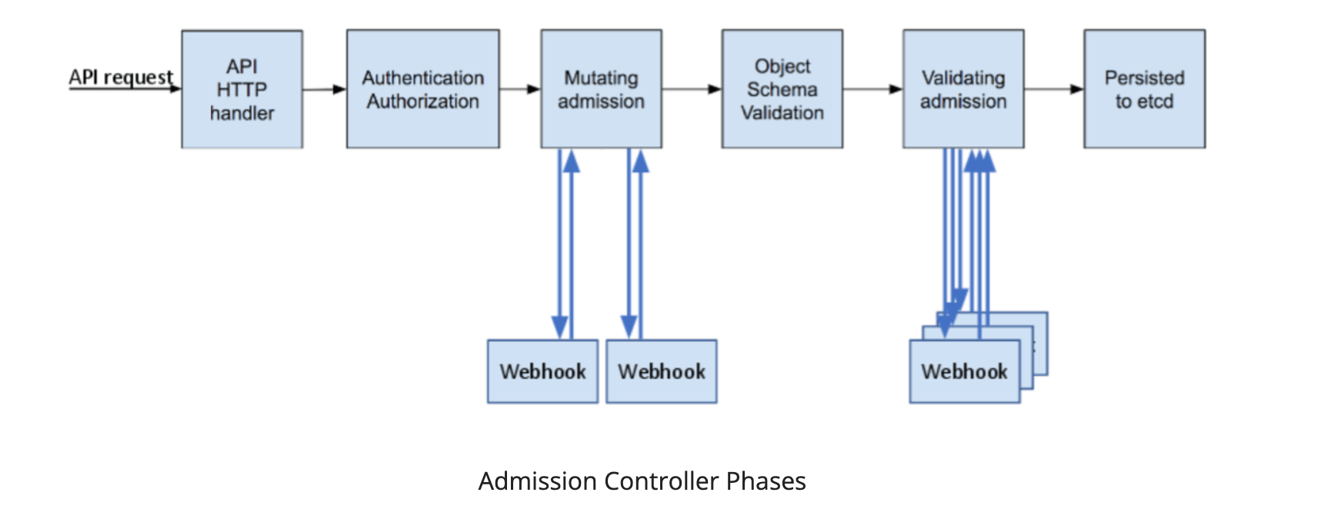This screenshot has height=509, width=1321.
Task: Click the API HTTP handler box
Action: [242, 89]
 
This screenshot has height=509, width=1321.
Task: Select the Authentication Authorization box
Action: [422, 89]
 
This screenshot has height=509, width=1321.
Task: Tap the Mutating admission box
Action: [601, 89]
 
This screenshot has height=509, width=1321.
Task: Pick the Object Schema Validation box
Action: [782, 89]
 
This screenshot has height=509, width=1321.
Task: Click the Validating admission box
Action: [962, 89]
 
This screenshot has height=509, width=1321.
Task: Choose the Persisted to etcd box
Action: [1144, 89]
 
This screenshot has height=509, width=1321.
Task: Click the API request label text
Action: [121, 77]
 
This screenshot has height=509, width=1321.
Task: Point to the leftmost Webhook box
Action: [542, 371]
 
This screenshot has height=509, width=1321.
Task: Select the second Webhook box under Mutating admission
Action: [661, 371]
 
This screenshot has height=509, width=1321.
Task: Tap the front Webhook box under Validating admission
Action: [964, 371]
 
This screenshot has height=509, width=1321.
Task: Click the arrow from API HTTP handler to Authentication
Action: [324, 89]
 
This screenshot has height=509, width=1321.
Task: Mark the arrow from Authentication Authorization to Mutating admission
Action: [519, 89]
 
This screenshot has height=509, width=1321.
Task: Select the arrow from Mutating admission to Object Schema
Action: [691, 89]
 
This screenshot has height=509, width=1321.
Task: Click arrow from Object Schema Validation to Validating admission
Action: [872, 89]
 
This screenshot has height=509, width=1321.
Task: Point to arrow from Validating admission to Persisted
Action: [1053, 89]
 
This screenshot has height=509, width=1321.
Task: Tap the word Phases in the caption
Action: [766, 481]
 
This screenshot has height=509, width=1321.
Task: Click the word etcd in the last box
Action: [1155, 101]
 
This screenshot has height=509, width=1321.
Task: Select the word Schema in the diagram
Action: [782, 89]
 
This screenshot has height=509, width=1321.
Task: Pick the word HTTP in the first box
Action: [242, 90]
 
